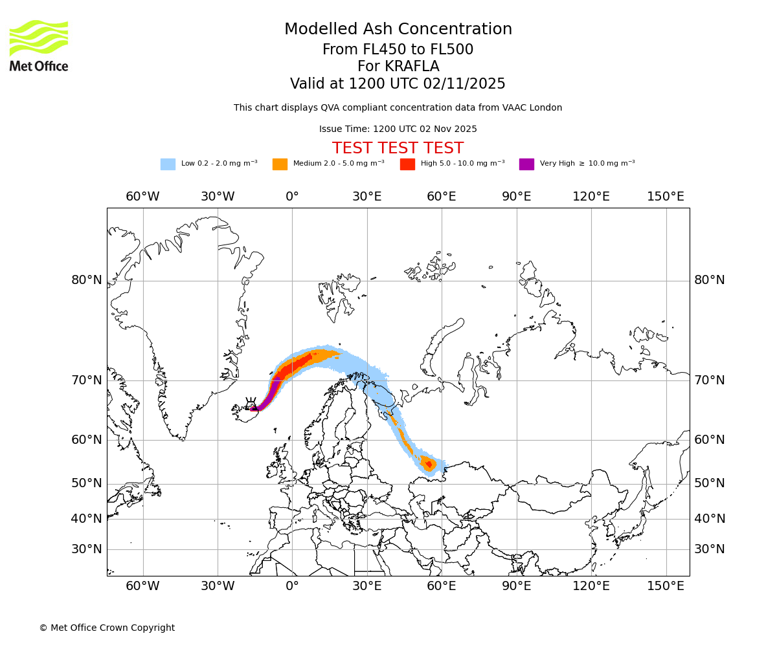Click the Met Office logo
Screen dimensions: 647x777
tap(39, 45)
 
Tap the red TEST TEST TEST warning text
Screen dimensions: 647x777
tap(398, 148)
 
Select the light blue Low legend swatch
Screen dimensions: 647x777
tap(168, 164)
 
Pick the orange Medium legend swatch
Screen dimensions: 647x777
tap(280, 164)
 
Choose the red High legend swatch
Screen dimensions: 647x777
tap(407, 164)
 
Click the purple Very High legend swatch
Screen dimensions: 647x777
tap(526, 164)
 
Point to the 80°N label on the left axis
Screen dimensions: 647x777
tap(87, 280)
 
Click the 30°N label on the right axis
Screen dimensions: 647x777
tap(710, 549)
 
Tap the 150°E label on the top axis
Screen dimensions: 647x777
tap(666, 197)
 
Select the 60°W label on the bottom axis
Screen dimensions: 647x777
tap(142, 586)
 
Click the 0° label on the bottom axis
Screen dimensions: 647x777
tap(292, 586)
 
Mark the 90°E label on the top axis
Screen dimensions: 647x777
tap(517, 197)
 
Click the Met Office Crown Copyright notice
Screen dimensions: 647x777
tap(107, 628)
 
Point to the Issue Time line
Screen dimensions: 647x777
tap(398, 129)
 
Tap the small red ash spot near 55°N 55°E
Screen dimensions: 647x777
tap(429, 464)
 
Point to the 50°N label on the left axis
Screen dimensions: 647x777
tap(87, 483)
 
